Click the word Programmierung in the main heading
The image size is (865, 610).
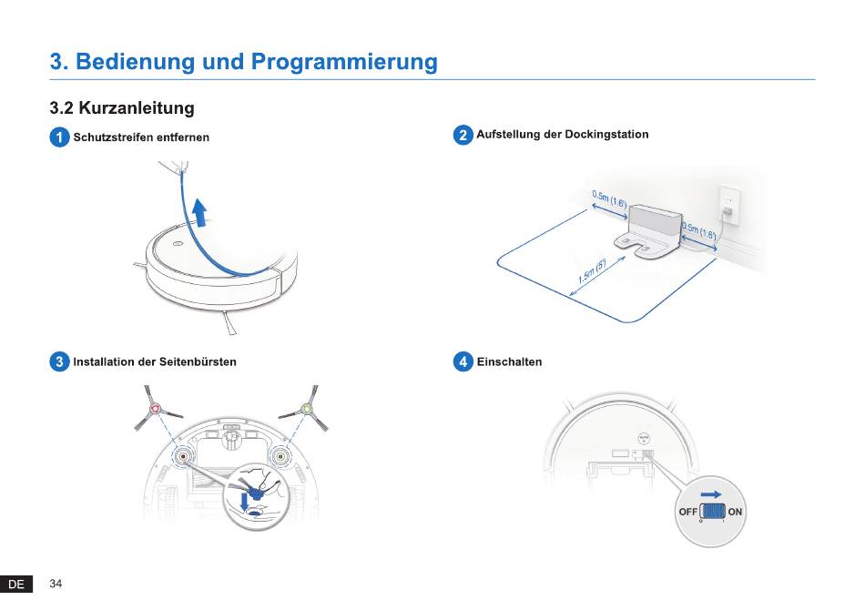[344, 62]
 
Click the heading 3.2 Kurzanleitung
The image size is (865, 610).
[122, 108]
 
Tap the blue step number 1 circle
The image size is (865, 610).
[59, 137]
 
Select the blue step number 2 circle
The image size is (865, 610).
[463, 135]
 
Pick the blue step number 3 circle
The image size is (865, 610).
[59, 361]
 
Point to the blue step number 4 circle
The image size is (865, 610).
[463, 361]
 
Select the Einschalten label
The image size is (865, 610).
[509, 361]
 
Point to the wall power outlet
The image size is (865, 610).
[729, 204]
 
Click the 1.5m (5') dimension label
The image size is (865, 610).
[591, 272]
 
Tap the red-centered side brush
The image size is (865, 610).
[154, 409]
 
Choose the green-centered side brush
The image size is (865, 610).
[307, 409]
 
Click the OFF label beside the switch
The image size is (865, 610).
[688, 512]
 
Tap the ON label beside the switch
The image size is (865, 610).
[736, 512]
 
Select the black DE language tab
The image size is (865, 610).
[16, 585]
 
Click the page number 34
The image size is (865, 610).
[56, 584]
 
